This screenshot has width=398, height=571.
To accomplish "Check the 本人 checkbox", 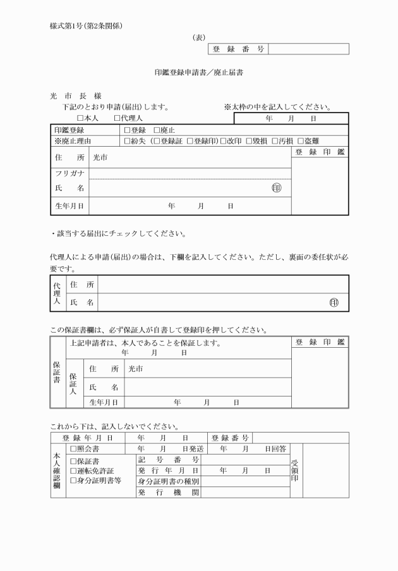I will [80, 118].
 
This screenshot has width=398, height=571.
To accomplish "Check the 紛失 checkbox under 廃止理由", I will [128, 140].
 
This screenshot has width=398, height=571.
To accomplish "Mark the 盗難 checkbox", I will [300, 140].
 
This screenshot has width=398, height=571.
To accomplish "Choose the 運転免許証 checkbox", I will [73, 471].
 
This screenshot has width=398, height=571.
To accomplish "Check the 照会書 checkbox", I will [73, 448].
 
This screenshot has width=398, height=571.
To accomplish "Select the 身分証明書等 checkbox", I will [73, 481].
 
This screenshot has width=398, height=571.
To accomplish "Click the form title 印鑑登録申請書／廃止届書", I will [199, 73].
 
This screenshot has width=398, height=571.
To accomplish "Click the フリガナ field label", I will [69, 173].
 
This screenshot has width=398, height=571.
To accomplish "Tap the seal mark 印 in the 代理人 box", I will [334, 303].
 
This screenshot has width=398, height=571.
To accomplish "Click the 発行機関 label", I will [169, 493].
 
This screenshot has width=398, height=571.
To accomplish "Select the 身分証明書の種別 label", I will [169, 482].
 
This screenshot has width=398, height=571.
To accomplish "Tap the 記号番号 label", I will [169, 460].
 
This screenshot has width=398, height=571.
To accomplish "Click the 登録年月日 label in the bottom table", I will [88, 437].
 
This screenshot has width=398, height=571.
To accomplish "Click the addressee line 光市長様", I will [71, 96].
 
